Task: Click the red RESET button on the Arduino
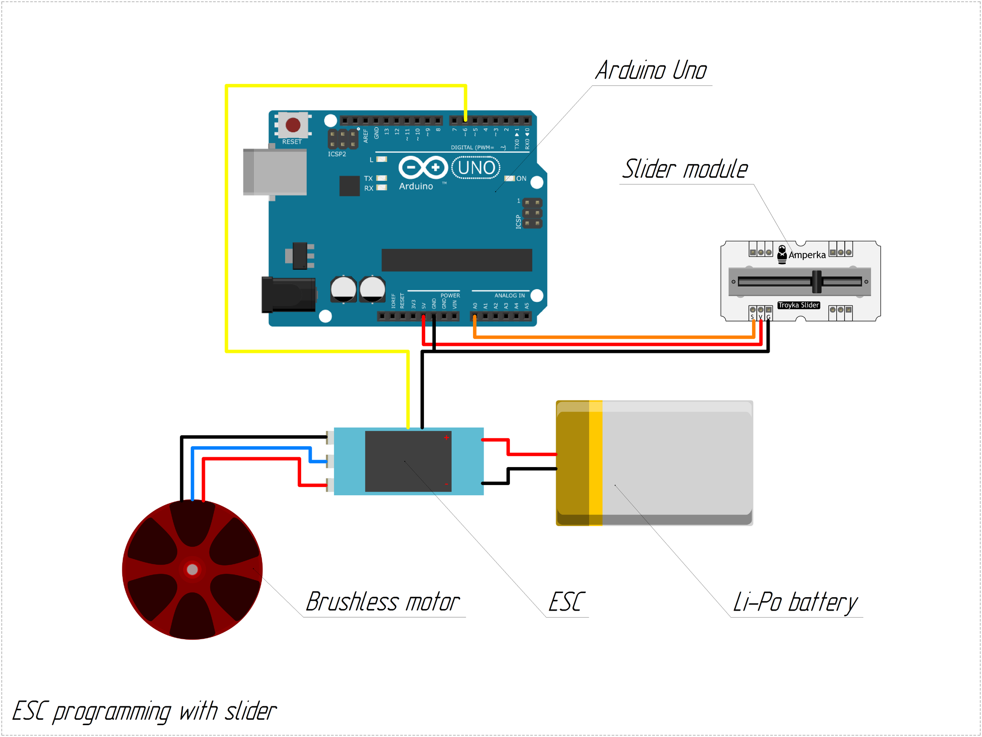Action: (x=293, y=125)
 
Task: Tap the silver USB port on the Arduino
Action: (x=275, y=172)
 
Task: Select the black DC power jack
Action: (x=288, y=294)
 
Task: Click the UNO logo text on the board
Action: (x=476, y=168)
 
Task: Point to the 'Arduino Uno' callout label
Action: (x=651, y=70)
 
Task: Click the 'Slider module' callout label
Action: (x=685, y=169)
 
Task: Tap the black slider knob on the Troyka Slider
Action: (x=816, y=282)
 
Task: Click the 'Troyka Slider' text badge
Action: (x=798, y=305)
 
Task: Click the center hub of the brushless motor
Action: (x=192, y=569)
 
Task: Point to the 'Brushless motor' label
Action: (x=383, y=602)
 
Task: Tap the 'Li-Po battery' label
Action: (x=795, y=602)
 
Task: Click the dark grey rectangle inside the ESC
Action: (x=408, y=461)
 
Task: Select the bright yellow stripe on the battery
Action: (x=595, y=463)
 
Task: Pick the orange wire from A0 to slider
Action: (x=613, y=337)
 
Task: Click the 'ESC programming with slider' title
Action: (x=144, y=711)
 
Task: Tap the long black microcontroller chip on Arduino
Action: (x=456, y=260)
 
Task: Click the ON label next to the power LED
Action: (x=521, y=178)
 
